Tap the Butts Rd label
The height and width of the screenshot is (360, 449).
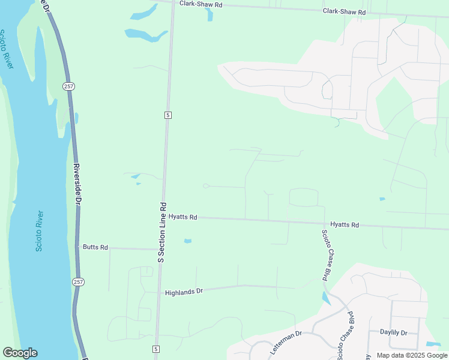(95, 247)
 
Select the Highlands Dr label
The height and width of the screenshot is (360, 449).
(184, 292)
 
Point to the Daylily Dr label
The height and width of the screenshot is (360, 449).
(394, 332)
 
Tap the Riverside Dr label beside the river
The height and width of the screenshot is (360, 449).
(77, 184)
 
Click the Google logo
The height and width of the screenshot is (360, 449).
(20, 353)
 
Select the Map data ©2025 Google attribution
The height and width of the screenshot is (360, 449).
(411, 355)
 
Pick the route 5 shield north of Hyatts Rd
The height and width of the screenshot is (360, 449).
(168, 115)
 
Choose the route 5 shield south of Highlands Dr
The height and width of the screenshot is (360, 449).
(155, 349)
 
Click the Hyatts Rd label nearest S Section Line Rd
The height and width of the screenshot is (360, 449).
(183, 217)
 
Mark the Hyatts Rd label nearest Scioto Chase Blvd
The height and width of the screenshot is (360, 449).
(345, 225)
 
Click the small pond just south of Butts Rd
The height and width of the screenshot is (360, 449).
(188, 241)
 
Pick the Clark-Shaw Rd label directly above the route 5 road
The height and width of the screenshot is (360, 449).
(201, 4)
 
